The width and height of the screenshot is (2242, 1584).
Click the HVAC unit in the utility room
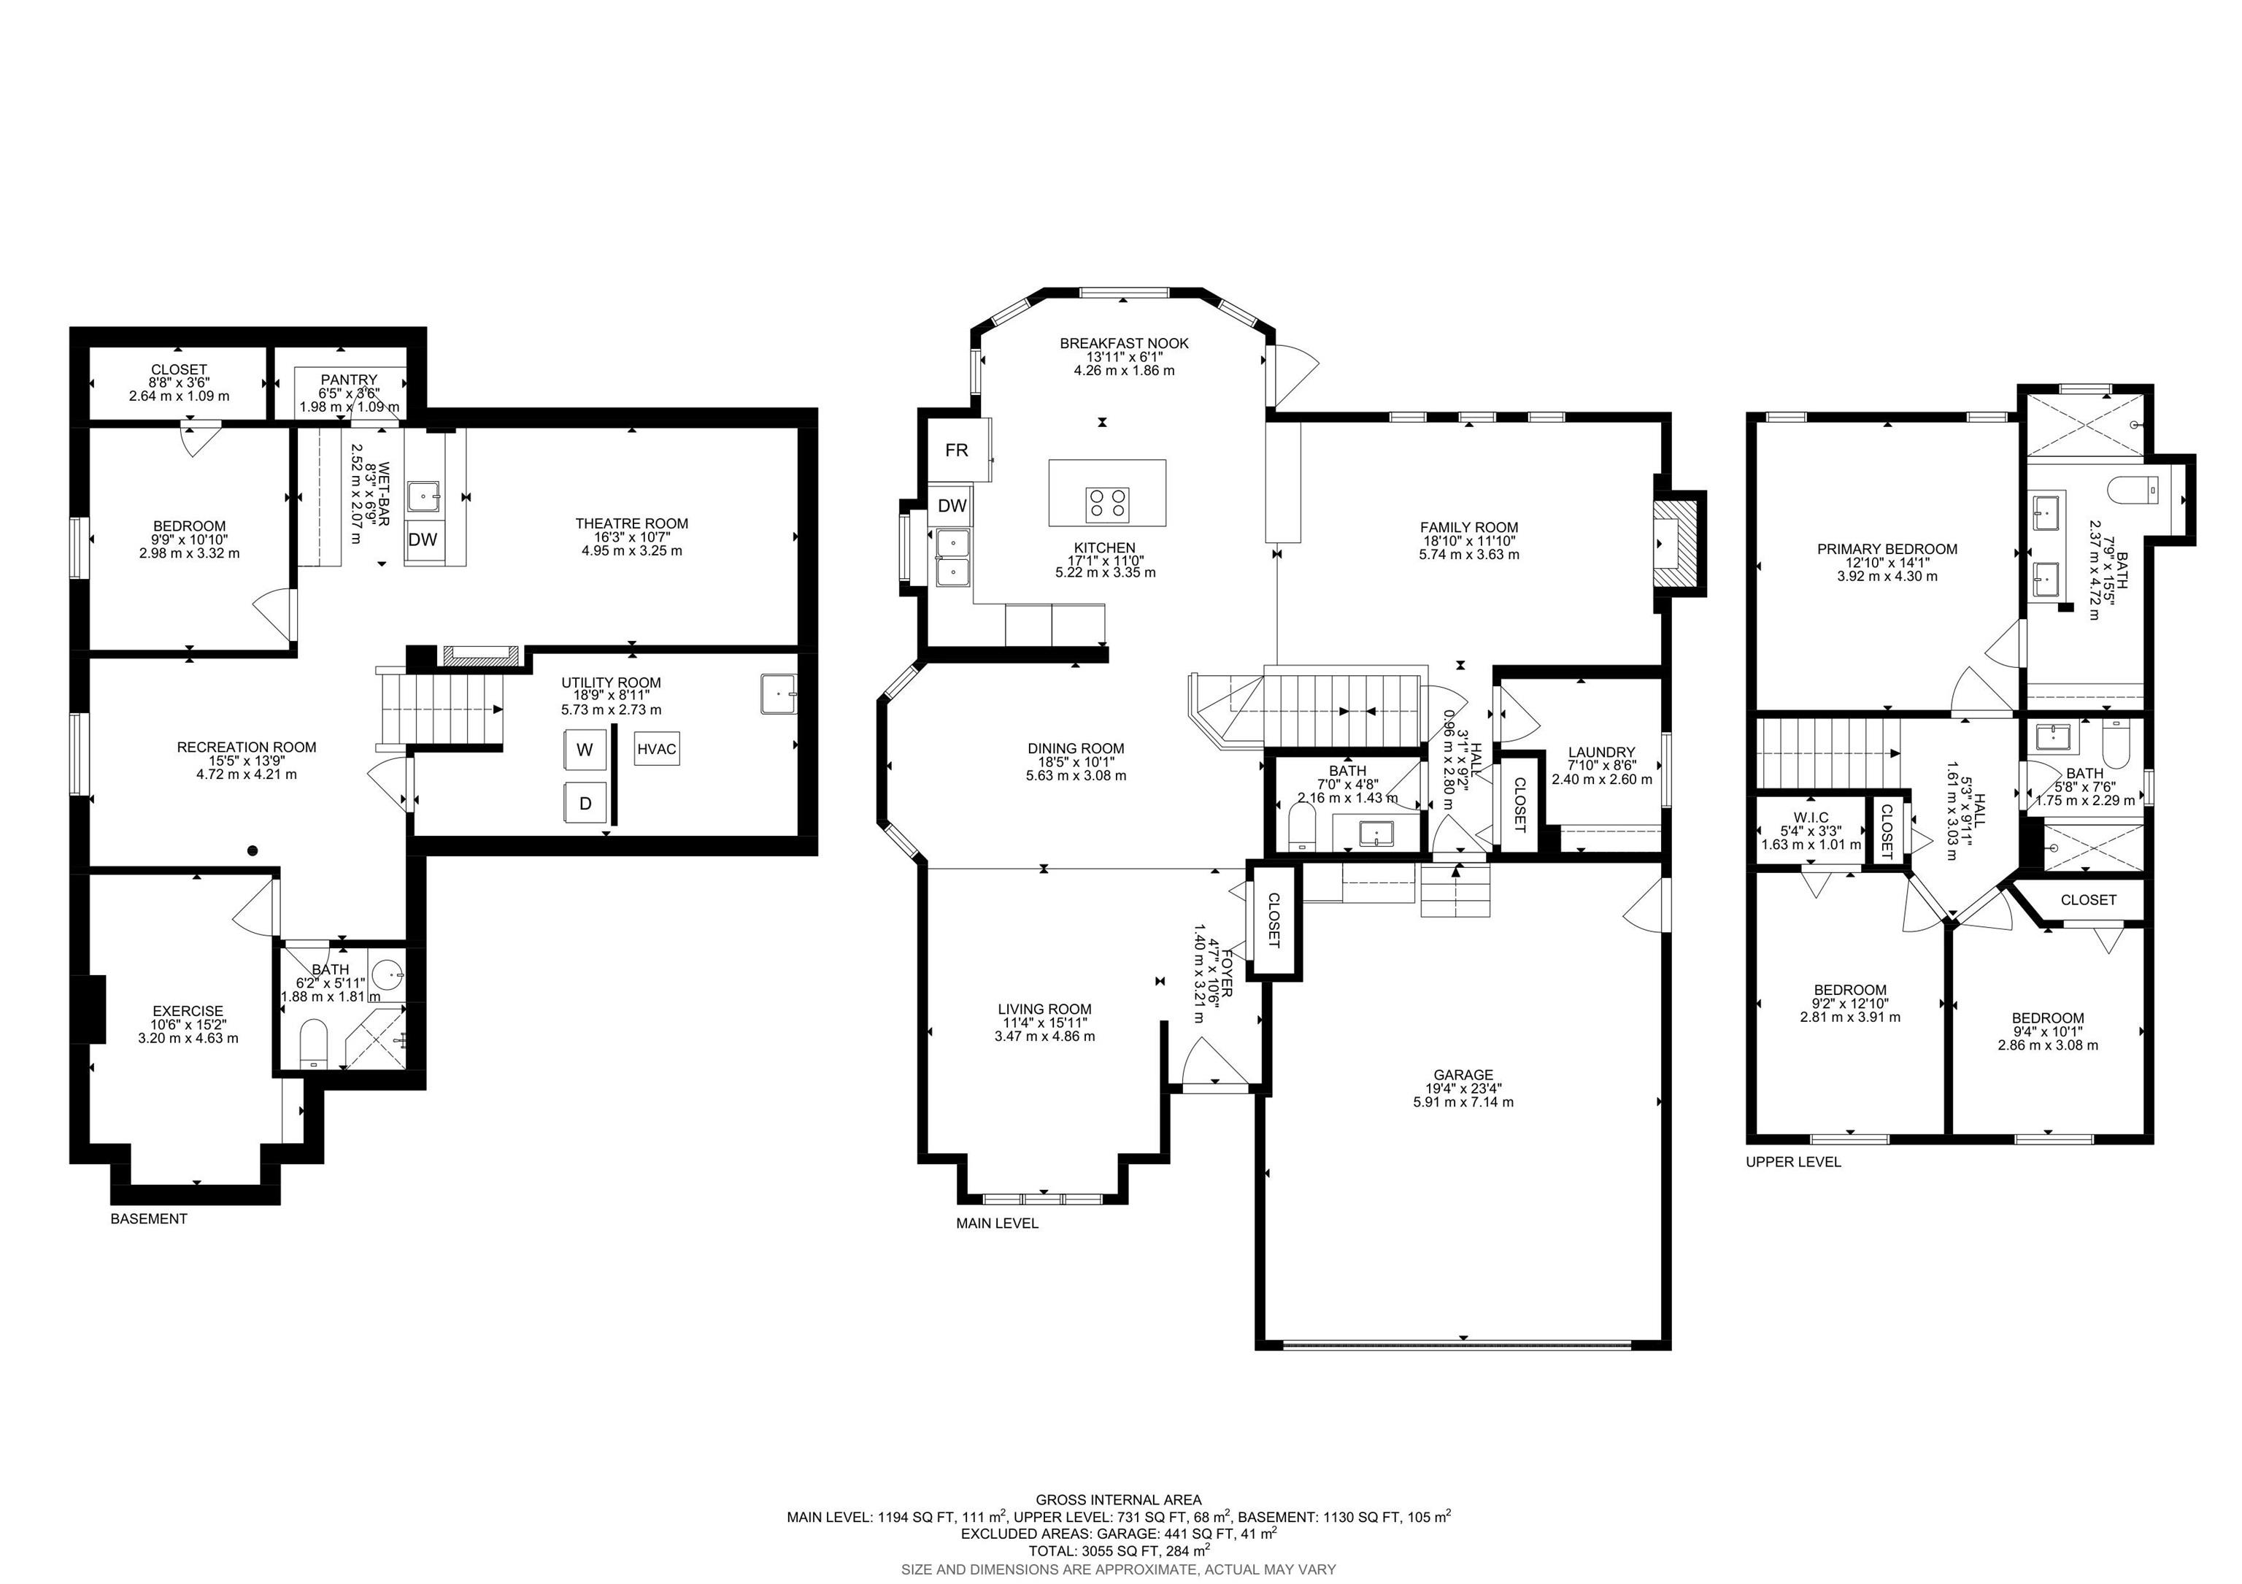pos(656,749)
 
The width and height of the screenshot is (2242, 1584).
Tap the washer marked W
pos(584,750)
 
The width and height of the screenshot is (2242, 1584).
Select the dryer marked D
pos(585,803)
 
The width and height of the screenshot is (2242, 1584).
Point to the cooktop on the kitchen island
pos(1106,504)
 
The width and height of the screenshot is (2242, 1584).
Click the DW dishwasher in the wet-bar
pos(423,539)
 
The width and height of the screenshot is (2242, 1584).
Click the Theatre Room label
pos(632,523)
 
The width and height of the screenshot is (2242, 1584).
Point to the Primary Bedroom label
pos(1887,549)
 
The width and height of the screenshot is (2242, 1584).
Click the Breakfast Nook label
pos(1124,343)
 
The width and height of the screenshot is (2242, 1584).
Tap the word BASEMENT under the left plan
pos(148,1219)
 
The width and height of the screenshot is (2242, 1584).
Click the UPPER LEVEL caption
pos(1793,1162)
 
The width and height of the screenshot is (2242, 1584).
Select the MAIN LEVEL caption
pos(997,1223)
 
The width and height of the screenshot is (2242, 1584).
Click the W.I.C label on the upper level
pos(1811,818)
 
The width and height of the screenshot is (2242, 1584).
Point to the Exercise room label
pos(188,1011)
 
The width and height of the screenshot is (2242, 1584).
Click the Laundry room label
pos(1601,752)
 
